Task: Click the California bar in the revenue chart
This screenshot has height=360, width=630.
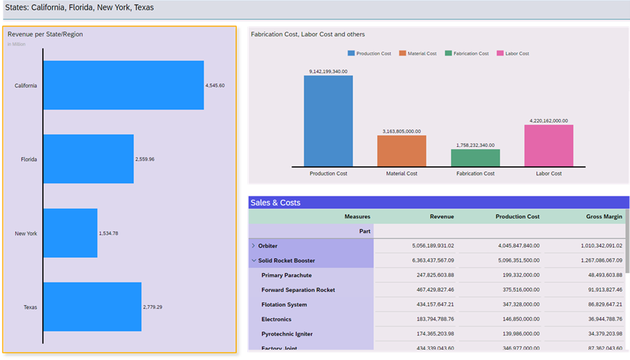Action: tap(123, 85)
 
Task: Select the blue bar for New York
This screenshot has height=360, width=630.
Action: tap(70, 233)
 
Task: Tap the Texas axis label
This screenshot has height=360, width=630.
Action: tap(30, 308)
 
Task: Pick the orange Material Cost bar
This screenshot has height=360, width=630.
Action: tap(401, 151)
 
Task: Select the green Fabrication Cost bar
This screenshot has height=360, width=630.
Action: tap(475, 158)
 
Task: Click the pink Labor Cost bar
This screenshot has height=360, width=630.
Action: tap(549, 145)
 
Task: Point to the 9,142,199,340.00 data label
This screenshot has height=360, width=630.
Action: tap(328, 71)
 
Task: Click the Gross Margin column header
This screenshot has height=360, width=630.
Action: tap(604, 217)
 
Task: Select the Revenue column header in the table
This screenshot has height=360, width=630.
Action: tap(441, 217)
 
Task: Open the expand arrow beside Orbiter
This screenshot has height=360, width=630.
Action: tap(253, 246)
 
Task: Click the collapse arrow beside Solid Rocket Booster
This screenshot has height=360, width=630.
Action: tap(253, 260)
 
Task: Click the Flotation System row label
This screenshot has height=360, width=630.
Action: tap(284, 304)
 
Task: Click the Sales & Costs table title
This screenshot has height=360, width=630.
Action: tap(275, 203)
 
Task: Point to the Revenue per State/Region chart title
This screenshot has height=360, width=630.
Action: tap(45, 34)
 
